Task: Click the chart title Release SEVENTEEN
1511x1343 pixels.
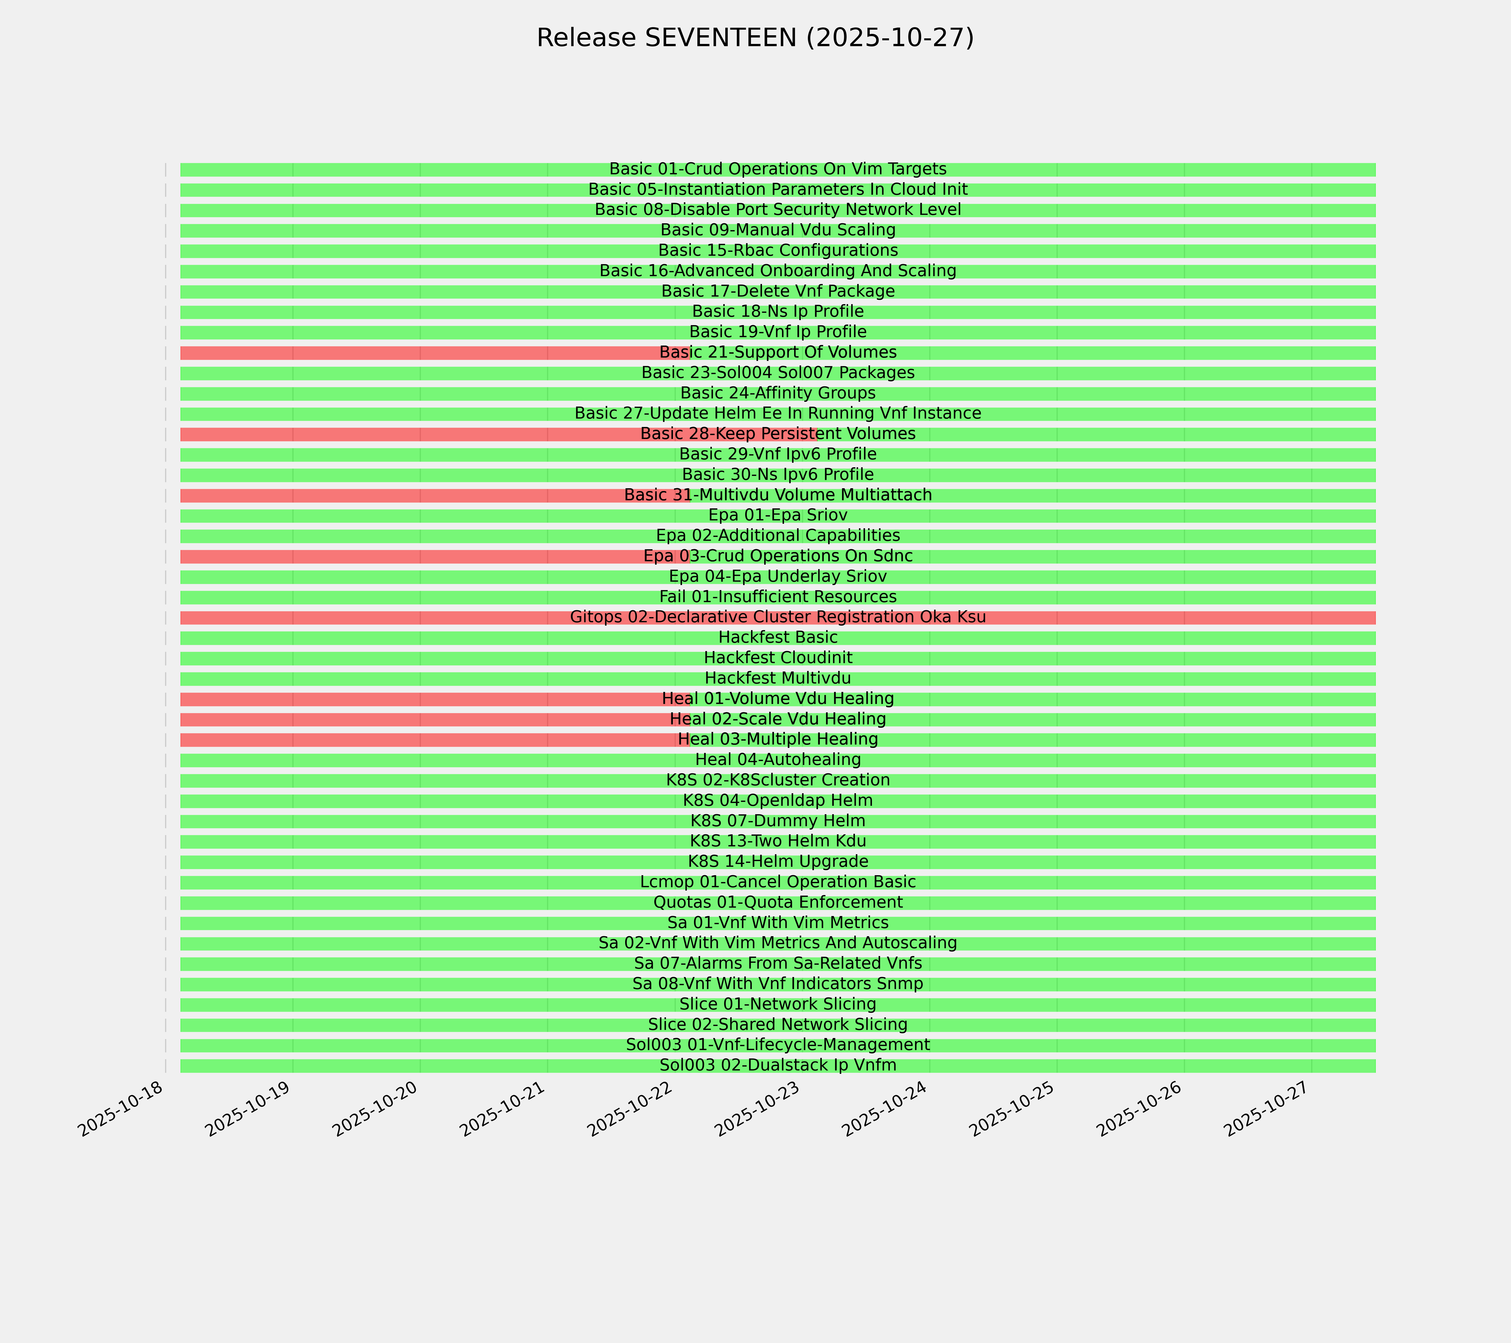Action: pos(755,38)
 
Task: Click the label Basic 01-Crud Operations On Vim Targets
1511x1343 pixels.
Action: pos(778,169)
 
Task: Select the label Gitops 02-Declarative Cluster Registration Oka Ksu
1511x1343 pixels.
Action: pos(778,617)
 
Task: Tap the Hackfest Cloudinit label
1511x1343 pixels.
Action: pos(778,658)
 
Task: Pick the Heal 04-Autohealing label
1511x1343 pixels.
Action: pos(778,760)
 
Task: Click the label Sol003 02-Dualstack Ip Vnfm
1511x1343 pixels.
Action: pos(778,1066)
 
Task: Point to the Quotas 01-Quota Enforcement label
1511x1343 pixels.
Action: pos(778,903)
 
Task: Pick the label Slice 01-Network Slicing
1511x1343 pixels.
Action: pos(778,1004)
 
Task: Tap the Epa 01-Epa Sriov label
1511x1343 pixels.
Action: pos(778,515)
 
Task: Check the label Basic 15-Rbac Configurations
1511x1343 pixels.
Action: pos(778,251)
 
